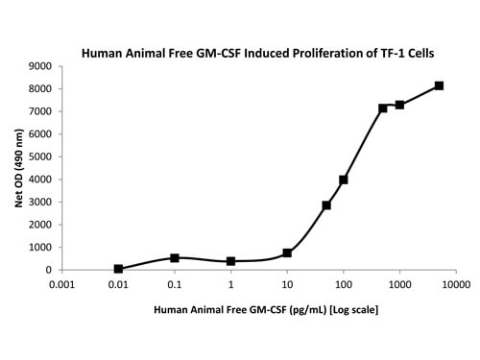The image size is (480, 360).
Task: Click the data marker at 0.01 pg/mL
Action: pos(118,269)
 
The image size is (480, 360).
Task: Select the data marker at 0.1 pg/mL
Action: pos(175,257)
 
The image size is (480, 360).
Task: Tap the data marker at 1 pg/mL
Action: pos(231,261)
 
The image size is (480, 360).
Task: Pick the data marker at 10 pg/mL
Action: pos(287,252)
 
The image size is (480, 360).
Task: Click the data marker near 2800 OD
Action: pos(326,205)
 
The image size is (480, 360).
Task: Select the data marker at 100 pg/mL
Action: pos(344,180)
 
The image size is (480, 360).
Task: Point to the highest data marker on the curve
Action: pos(439,85)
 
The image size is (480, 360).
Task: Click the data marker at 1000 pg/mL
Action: pos(399,105)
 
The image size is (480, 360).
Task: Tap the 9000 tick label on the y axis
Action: pos(40,66)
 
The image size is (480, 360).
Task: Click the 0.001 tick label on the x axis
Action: pos(61,285)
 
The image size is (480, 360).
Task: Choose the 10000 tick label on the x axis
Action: pos(455,285)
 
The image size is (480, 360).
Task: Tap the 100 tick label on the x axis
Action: pos(343,285)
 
